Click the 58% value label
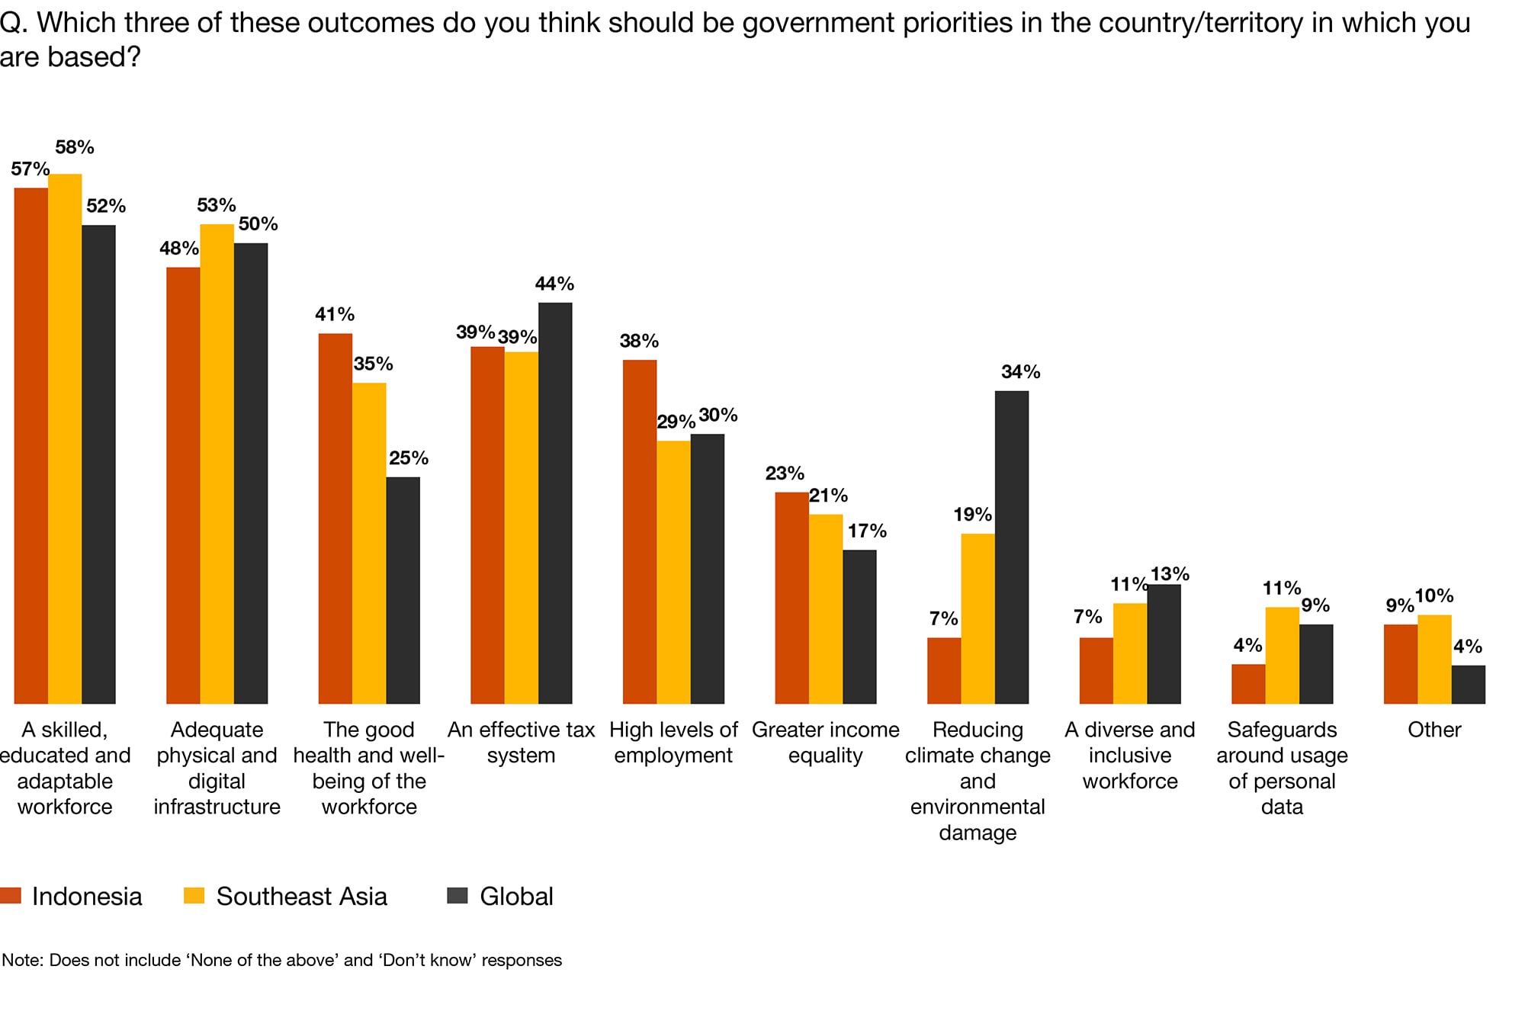pyautogui.click(x=75, y=147)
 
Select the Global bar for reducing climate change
pyautogui.click(x=1011, y=547)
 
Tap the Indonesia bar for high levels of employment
pyautogui.click(x=640, y=531)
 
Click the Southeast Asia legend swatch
pyautogui.click(x=194, y=895)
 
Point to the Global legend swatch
pyautogui.click(x=457, y=895)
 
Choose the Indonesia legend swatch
pyautogui.click(x=11, y=895)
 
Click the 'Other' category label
pyautogui.click(x=1433, y=730)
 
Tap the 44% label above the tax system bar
pyautogui.click(x=554, y=284)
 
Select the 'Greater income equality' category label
pyautogui.click(x=825, y=743)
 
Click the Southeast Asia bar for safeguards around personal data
pyautogui.click(x=1282, y=655)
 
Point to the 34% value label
pyautogui.click(x=1020, y=372)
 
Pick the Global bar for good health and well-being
pyautogui.click(x=403, y=590)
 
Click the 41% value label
pyautogui.click(x=335, y=314)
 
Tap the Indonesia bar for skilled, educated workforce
pyautogui.click(x=31, y=445)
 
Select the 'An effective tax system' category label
pyautogui.click(x=521, y=743)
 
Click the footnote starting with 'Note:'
pyautogui.click(x=281, y=960)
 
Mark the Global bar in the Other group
pyautogui.click(x=1468, y=684)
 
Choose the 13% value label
pyautogui.click(x=1170, y=573)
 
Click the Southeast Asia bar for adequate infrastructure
pyautogui.click(x=217, y=464)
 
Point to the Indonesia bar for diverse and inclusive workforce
pyautogui.click(x=1096, y=670)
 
